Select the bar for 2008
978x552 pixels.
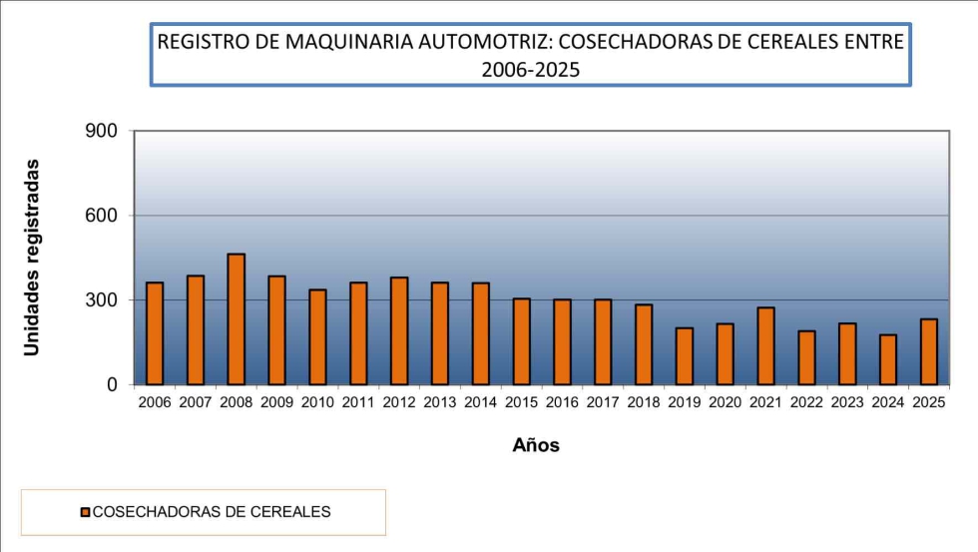tap(236, 319)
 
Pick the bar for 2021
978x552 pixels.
tap(765, 345)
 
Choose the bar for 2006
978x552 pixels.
tap(155, 333)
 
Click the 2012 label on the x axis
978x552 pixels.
tap(399, 403)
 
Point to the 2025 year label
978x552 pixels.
tap(929, 403)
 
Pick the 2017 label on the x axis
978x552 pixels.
tap(603, 403)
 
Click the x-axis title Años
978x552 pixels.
tap(536, 446)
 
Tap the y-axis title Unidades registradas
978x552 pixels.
tap(32, 257)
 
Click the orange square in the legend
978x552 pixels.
tap(85, 512)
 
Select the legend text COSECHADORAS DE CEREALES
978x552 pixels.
tap(212, 512)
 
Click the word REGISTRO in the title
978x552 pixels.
tap(196, 43)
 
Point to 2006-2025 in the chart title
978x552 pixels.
tap(530, 70)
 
